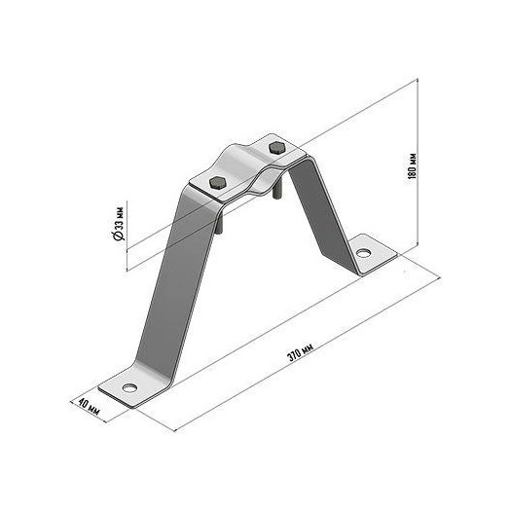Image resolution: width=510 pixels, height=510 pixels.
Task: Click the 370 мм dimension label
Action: click(300, 352)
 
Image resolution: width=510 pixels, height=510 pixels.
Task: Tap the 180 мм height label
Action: click(412, 165)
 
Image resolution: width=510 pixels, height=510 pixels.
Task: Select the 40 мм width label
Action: click(90, 408)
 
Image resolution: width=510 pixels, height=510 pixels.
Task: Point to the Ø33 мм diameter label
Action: click(118, 224)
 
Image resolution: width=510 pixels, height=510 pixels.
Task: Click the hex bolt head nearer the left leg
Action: click(218, 183)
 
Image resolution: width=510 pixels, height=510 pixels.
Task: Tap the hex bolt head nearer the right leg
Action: click(277, 147)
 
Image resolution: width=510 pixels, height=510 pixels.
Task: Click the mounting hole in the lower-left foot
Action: click(129, 387)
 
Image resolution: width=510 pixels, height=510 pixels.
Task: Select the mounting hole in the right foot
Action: click(363, 252)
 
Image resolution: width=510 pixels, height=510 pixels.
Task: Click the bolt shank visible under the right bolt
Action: click(276, 193)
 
